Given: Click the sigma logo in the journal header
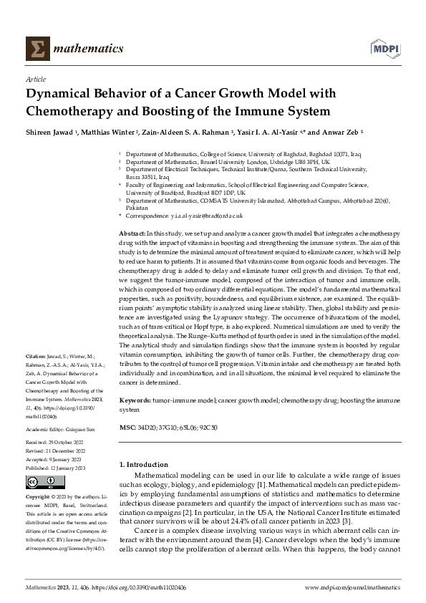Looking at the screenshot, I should [36, 48].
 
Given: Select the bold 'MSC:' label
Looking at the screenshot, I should [127, 426].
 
